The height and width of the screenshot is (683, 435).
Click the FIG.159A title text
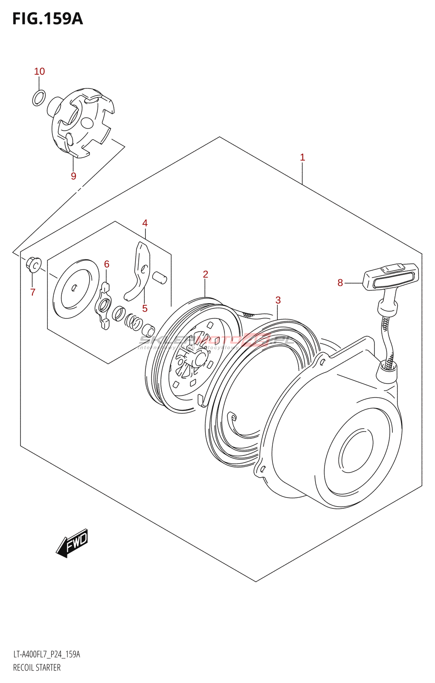click(47, 19)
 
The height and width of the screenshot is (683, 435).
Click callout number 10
click(39, 71)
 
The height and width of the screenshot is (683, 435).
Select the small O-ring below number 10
click(39, 98)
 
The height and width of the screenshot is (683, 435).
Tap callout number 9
click(73, 176)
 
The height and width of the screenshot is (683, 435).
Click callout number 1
click(302, 157)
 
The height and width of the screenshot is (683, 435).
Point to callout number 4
click(145, 223)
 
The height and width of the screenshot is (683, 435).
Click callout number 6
click(107, 264)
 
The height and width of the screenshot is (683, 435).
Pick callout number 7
click(33, 292)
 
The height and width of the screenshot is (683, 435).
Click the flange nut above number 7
click(34, 264)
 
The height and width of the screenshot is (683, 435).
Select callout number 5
click(145, 308)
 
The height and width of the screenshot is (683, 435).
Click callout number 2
click(205, 274)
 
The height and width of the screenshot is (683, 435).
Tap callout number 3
click(278, 300)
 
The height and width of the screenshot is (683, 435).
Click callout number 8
click(340, 283)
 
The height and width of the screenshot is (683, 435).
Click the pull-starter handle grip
click(391, 277)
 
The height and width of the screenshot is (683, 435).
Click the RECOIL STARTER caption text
click(37, 668)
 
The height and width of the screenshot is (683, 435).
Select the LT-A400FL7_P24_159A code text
click(46, 654)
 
